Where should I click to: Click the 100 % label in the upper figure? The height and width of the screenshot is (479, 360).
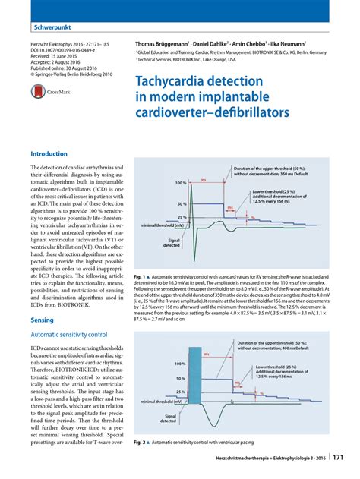click(x=180, y=184)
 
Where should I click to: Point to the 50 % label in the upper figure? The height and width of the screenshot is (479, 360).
click(x=182, y=205)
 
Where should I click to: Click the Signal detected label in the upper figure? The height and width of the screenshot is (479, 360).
click(x=172, y=242)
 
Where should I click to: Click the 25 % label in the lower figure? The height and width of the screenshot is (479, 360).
click(x=180, y=392)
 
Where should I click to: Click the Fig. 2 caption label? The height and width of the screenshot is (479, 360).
click(x=140, y=442)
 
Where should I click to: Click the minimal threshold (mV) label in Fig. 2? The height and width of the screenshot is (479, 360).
click(x=158, y=402)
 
